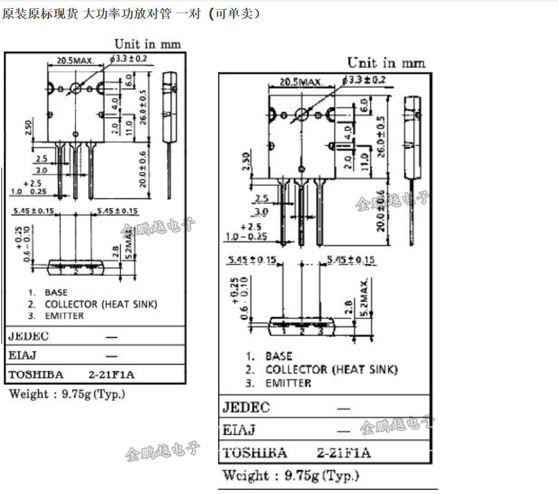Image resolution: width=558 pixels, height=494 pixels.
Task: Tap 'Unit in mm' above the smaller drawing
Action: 147,44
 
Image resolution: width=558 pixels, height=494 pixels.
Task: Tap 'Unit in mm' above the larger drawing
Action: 387,62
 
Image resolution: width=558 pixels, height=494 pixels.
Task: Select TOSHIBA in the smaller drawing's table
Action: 35,375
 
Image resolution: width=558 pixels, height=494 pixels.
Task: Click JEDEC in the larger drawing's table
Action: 246,408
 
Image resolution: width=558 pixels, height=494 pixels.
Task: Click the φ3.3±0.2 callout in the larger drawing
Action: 364,80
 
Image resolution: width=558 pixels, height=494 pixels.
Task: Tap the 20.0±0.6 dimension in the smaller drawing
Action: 143,170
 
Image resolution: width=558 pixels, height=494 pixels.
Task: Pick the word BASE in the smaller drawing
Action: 56,293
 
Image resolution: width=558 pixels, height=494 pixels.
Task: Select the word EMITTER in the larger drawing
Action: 288,383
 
